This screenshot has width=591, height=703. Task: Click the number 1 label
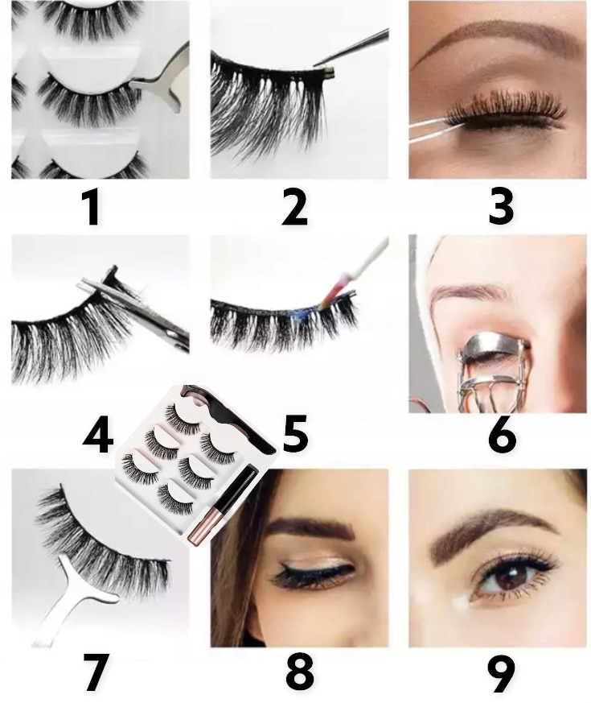[x=93, y=207]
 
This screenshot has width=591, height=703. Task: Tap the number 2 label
[x=294, y=207]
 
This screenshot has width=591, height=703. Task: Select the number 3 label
[x=500, y=207]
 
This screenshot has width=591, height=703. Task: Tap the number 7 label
[x=96, y=672]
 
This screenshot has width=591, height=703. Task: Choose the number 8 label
[x=300, y=672]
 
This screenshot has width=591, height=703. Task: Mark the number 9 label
[x=502, y=672]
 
